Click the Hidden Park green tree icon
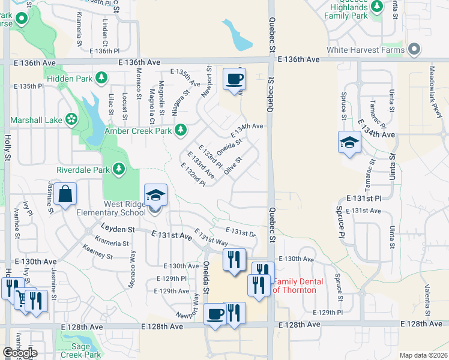click(102, 78)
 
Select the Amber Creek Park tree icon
click(181, 130)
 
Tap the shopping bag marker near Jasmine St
click(65, 194)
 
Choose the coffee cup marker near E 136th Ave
click(234, 79)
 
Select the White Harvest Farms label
click(366, 50)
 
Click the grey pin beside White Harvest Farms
click(414, 50)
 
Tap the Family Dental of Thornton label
click(298, 286)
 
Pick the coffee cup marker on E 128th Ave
click(215, 314)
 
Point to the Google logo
click(20, 353)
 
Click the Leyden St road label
click(118, 229)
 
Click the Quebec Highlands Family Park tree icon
click(377, 7)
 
